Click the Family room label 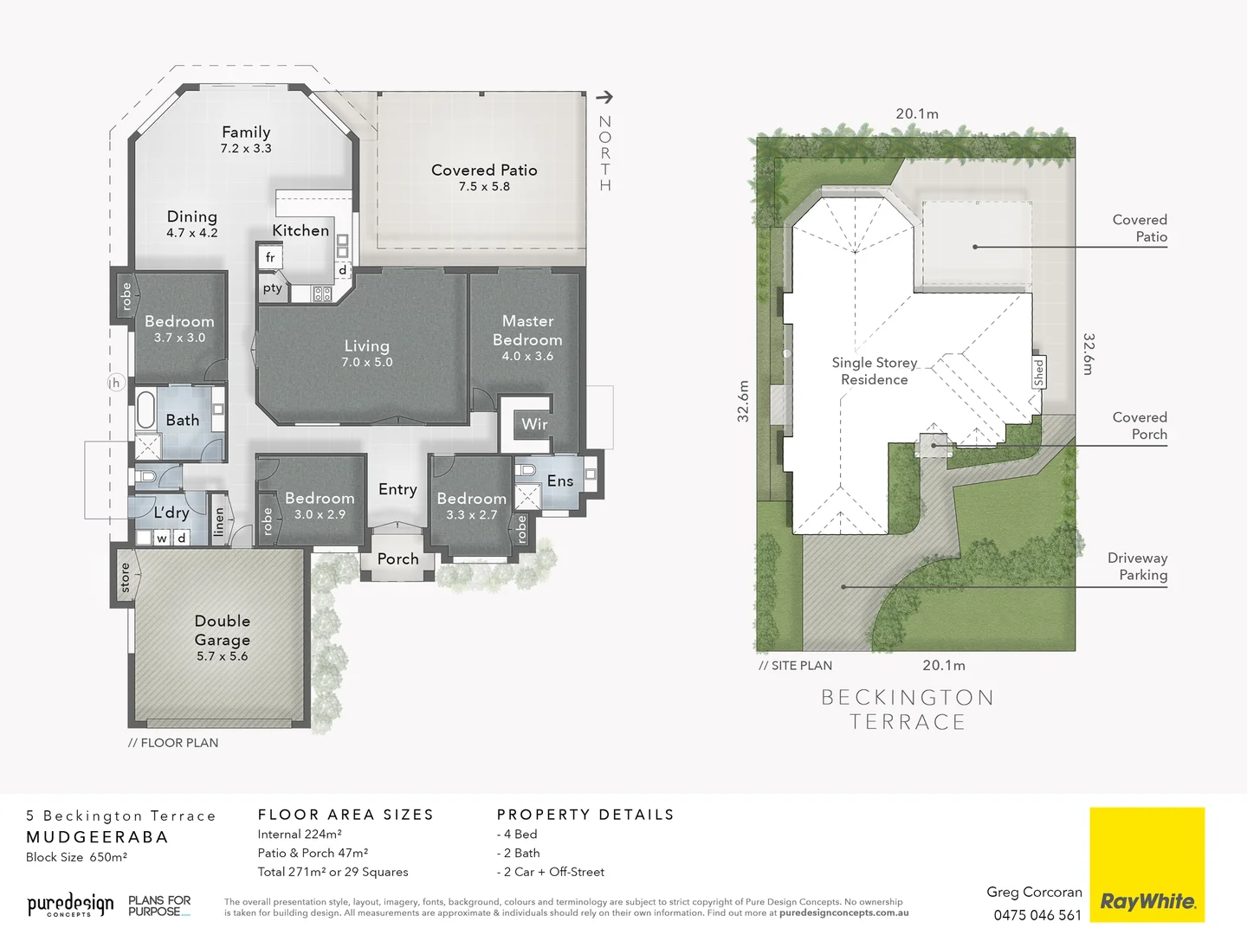(246, 132)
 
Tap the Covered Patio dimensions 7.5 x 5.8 (484, 187)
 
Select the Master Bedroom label (527, 331)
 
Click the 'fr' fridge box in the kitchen (270, 258)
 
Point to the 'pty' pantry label (272, 288)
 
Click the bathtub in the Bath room (145, 410)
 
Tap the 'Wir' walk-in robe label (534, 424)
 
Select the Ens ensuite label (559, 481)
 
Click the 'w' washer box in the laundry (162, 538)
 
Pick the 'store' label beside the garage (125, 577)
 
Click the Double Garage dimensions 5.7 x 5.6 (222, 656)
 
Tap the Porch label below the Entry (397, 559)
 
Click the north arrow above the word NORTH (604, 97)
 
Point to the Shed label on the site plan (1038, 372)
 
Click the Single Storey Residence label (874, 371)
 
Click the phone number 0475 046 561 (1037, 915)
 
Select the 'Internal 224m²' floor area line (300, 835)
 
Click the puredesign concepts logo (70, 906)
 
